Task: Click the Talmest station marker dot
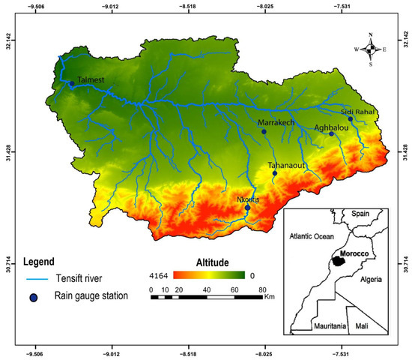tap(72, 84)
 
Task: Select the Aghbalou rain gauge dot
tap(331, 133)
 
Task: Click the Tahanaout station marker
tap(274, 173)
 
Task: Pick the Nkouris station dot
tap(247, 208)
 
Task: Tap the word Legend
tap(38, 262)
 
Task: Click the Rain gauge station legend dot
tap(34, 296)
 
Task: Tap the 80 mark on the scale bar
tap(262, 289)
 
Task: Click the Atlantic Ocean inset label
tap(312, 236)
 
